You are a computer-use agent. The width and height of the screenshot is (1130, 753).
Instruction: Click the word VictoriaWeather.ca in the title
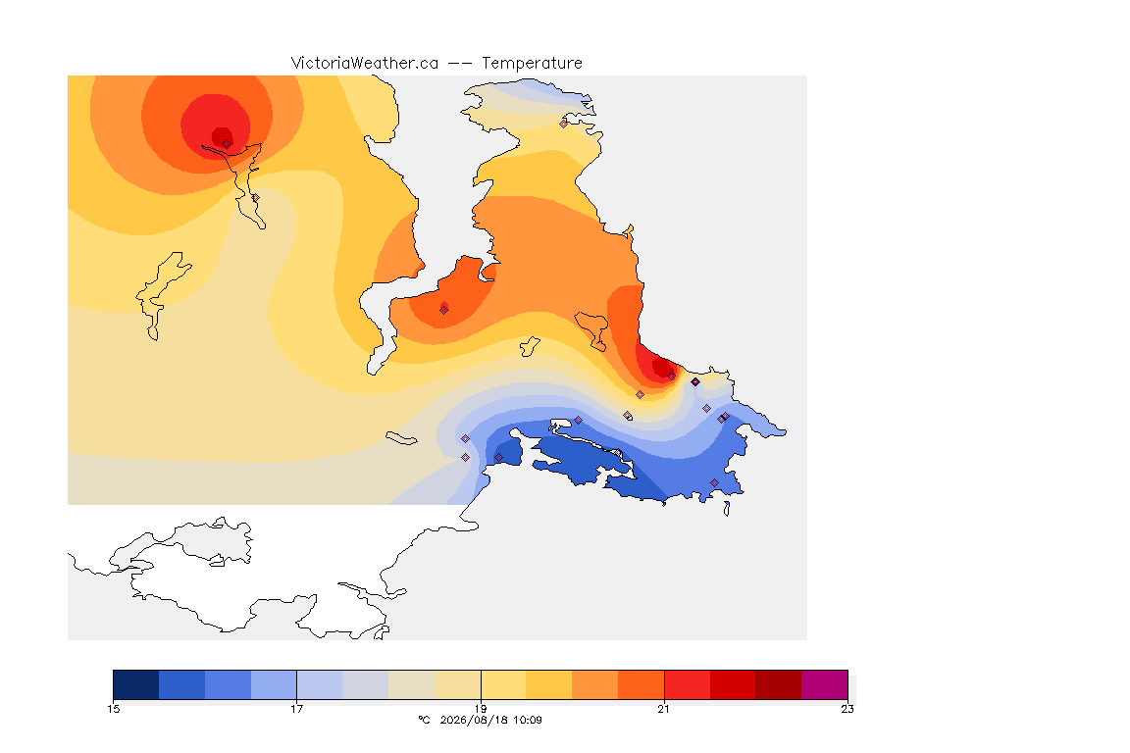pos(365,64)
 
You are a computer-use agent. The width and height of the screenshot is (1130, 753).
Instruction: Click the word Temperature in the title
pos(532,64)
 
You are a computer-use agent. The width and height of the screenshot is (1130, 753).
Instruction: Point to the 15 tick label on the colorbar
pos(114,709)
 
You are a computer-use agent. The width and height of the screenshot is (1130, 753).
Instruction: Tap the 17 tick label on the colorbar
pos(297,709)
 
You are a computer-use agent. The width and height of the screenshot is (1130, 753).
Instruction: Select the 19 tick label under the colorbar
pos(481,709)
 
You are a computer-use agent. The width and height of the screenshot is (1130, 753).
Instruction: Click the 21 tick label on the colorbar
pos(664,709)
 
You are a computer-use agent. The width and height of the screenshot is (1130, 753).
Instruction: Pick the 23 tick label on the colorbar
pos(847,709)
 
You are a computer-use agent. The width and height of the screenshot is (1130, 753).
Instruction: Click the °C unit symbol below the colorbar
pos(424,720)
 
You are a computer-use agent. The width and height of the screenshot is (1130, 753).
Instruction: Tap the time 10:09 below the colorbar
pos(527,720)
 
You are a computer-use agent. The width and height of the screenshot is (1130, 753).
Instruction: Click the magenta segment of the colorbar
pos(824,684)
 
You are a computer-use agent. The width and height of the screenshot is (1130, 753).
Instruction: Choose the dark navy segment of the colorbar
pos(136,684)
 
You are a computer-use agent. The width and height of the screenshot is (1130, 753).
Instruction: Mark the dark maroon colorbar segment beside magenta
pos(778,684)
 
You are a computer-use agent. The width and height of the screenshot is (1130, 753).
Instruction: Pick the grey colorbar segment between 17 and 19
pos(365,684)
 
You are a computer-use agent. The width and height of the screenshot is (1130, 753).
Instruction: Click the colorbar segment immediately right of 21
pos(687,684)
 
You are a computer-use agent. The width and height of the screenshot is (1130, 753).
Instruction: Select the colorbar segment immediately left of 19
pos(458,684)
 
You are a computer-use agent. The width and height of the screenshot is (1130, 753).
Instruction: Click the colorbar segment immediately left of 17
pos(274,684)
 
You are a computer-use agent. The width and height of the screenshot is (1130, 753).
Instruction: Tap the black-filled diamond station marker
pos(695,382)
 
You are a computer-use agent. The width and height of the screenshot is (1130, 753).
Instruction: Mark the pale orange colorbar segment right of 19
pos(503,684)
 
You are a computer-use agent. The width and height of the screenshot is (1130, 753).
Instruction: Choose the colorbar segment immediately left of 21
pos(641,684)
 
